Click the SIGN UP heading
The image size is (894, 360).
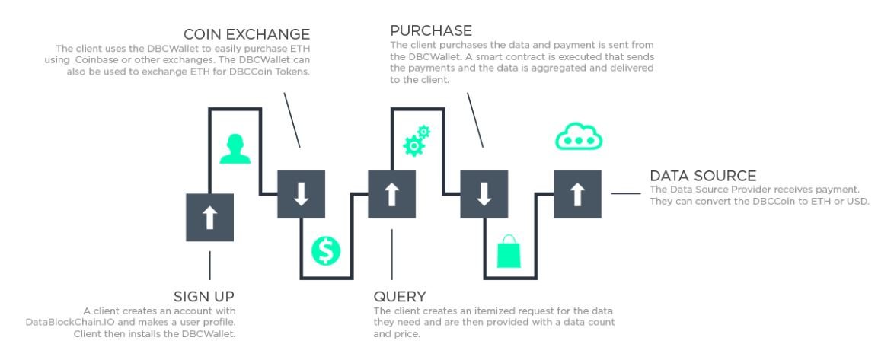click(x=204, y=297)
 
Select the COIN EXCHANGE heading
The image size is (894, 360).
click(x=247, y=34)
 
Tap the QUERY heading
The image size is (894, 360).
click(x=400, y=297)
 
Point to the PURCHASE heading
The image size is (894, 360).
click(x=431, y=30)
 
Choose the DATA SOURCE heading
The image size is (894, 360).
click(x=703, y=176)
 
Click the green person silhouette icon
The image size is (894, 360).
click(x=235, y=149)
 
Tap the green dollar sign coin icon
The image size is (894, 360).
click(x=326, y=250)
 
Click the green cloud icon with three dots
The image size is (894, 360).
click(x=579, y=137)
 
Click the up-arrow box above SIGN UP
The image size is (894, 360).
click(x=210, y=218)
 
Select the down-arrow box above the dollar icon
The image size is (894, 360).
click(x=301, y=194)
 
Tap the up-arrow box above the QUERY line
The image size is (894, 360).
click(x=391, y=194)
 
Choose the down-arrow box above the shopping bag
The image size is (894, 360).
click(x=484, y=194)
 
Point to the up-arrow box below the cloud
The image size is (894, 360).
click(x=577, y=194)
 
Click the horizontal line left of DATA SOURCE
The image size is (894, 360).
click(x=625, y=193)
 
